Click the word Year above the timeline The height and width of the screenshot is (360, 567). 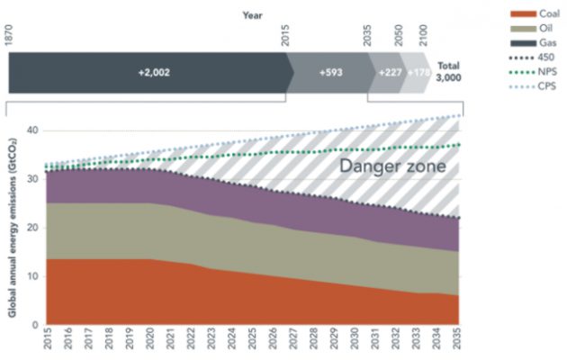[x=252, y=15]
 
